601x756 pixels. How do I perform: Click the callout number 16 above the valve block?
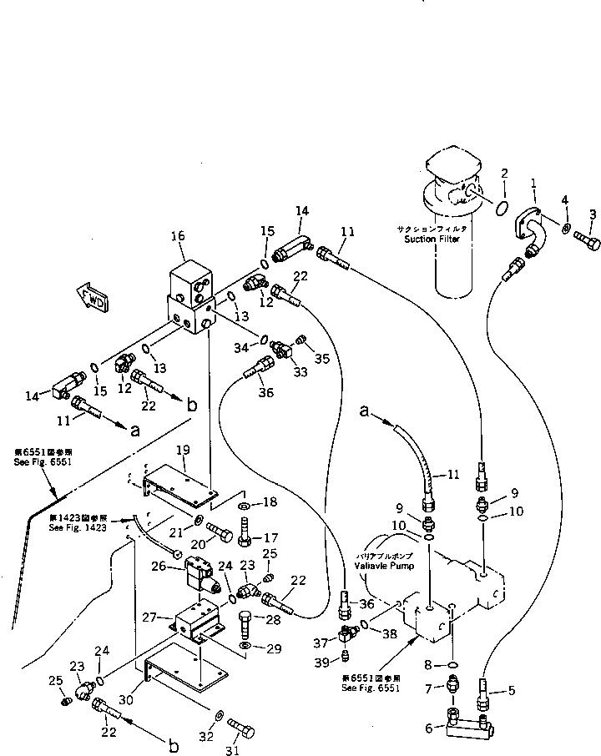[x=178, y=237]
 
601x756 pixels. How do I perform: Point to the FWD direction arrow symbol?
[x=88, y=295]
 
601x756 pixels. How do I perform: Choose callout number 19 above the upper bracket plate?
[x=183, y=450]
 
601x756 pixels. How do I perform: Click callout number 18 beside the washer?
[x=270, y=504]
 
